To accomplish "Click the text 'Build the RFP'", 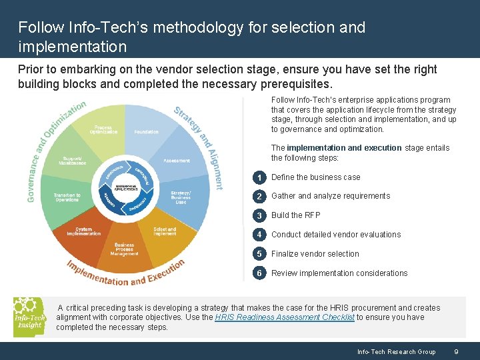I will point(295,215).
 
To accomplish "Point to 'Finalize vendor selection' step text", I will point(315,254).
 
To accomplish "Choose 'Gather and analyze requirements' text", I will point(331,196).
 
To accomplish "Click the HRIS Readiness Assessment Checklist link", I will point(285,317).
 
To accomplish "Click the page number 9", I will point(455,351).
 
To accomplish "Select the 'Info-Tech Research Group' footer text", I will point(396,351).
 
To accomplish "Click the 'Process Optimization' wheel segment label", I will point(103,129).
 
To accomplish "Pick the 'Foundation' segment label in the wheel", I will point(146,132).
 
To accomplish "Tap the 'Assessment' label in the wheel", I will point(176,161).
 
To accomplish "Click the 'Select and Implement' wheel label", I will point(165,231).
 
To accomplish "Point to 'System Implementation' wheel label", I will point(84,231).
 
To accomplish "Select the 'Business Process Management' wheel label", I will point(124,249).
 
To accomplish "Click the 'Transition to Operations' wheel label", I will point(67,197).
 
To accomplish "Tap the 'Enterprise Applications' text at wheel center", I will point(126,187).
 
